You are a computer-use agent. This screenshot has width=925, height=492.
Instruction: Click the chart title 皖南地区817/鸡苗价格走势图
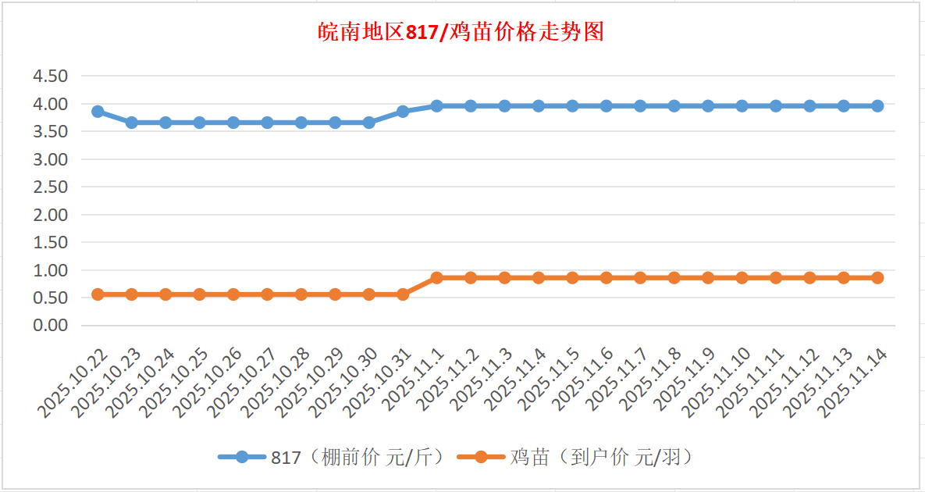click(461, 32)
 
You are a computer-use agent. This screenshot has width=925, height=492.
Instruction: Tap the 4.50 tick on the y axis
click(50, 76)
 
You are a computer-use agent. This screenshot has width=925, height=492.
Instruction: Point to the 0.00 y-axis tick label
click(50, 325)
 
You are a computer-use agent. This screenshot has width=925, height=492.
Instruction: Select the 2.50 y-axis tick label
click(50, 187)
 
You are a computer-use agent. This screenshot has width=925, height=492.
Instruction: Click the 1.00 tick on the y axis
click(50, 270)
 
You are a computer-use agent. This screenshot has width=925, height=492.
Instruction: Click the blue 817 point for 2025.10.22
click(98, 112)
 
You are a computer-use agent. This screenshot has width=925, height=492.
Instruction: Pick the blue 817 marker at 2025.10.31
click(403, 112)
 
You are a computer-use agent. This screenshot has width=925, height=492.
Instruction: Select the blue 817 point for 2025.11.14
click(877, 105)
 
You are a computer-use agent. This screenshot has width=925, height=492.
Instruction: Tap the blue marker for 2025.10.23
click(132, 123)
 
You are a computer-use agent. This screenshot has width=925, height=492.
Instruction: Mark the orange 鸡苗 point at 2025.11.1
click(437, 278)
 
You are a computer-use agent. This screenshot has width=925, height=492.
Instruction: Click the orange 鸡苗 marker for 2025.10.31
click(403, 294)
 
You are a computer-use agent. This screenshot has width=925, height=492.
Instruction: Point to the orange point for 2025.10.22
click(98, 294)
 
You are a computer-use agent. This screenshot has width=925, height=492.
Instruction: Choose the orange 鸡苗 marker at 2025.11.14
click(877, 278)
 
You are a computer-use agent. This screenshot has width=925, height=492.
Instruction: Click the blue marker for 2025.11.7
click(640, 105)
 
